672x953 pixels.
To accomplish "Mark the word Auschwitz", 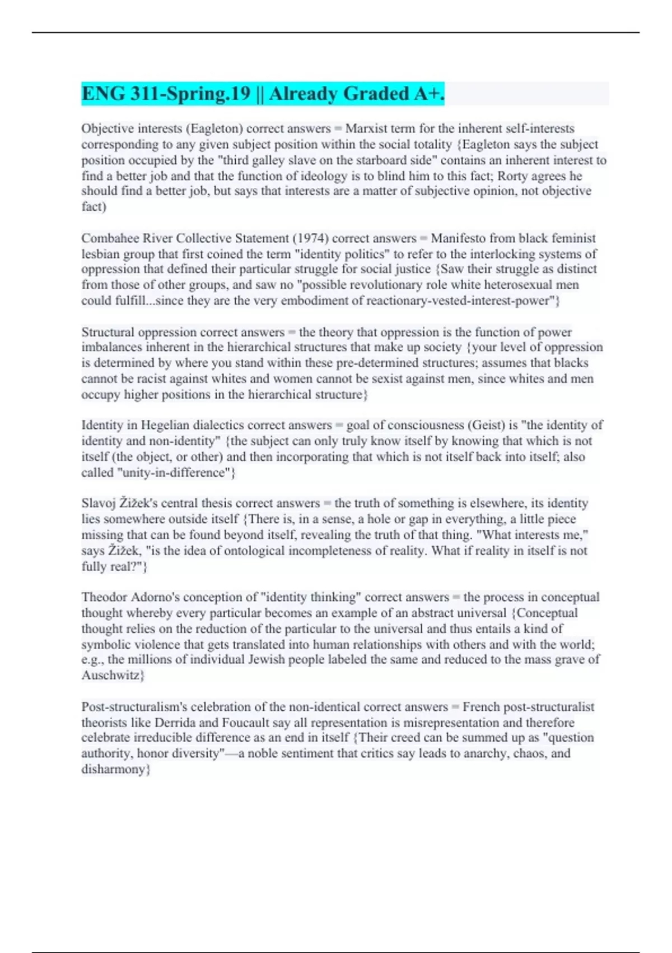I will (113, 676).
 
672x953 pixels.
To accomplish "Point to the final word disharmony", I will (115, 769).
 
